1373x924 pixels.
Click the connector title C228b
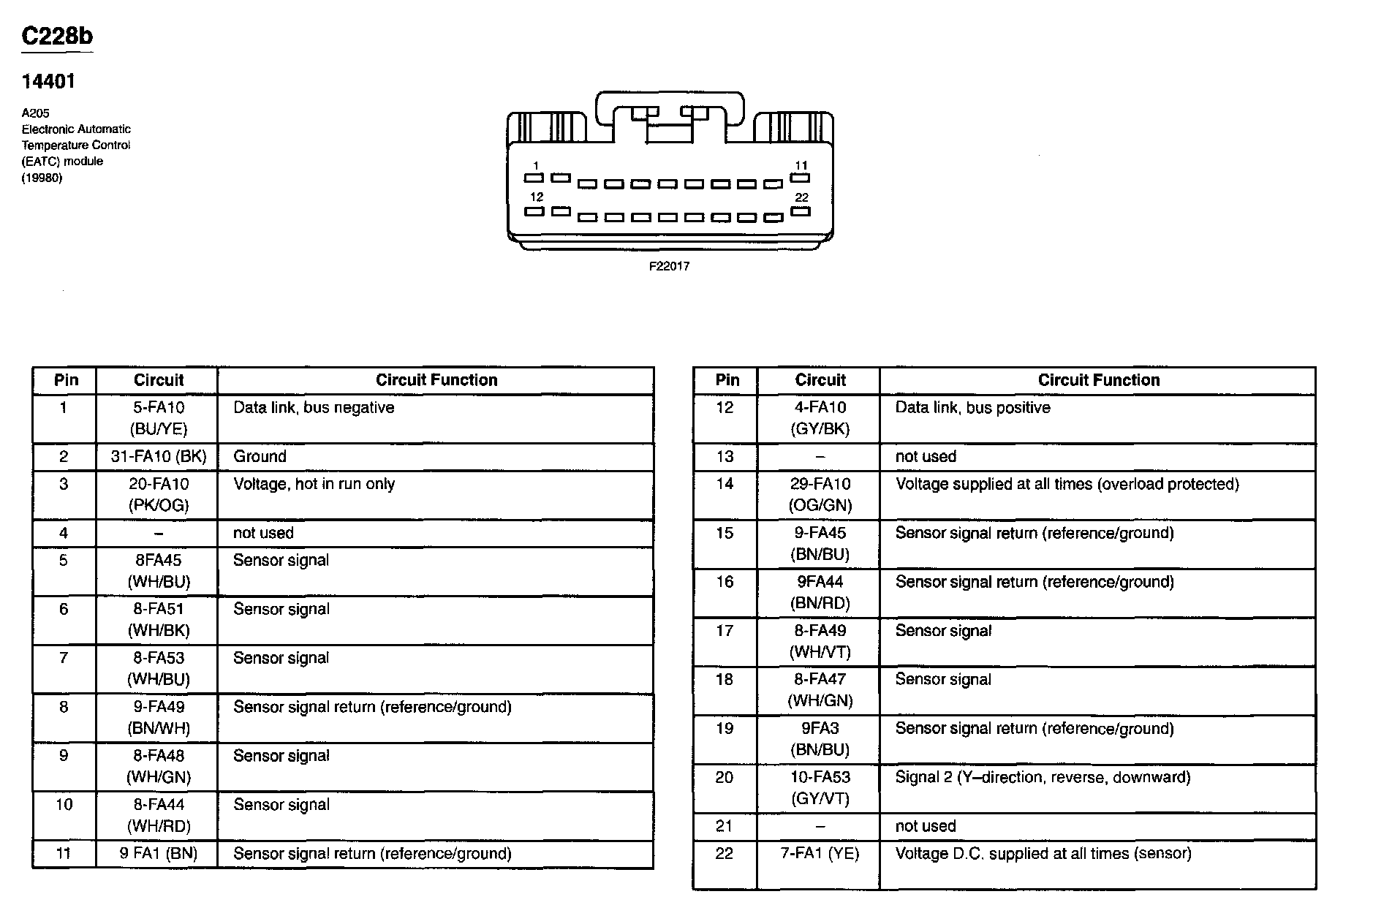[57, 36]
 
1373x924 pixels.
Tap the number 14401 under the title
[48, 81]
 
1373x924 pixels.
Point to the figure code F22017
[669, 267]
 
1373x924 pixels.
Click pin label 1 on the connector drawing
[536, 165]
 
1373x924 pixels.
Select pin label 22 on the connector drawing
[801, 197]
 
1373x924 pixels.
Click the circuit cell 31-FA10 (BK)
[159, 457]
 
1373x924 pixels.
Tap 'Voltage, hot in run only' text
[314, 484]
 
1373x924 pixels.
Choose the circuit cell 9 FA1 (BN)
[159, 854]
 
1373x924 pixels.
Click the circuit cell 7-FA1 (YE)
[820, 854]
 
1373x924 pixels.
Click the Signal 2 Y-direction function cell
[1043, 778]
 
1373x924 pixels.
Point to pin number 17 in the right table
[725, 631]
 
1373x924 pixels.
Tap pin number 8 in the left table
[64, 707]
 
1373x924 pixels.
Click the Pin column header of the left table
[66, 380]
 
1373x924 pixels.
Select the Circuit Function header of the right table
[1098, 380]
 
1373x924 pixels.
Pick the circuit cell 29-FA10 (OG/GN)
[820, 494]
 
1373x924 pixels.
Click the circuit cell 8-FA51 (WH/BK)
[159, 619]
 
